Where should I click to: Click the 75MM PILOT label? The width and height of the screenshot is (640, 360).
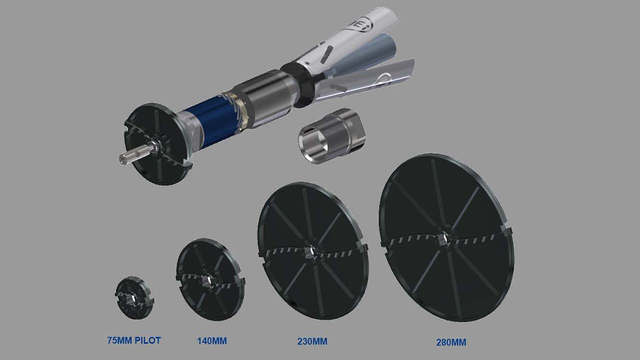(134, 340)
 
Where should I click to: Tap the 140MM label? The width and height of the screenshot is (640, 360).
(212, 341)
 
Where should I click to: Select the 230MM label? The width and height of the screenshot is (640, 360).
(312, 341)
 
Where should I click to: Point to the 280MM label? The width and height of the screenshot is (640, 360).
(451, 342)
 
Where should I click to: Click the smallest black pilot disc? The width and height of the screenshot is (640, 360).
(134, 297)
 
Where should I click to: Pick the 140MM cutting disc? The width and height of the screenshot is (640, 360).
(210, 279)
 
